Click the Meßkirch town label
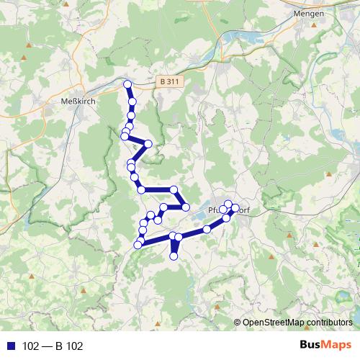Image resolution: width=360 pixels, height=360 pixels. point(76,102)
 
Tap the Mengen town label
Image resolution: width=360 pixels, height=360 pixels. point(310,13)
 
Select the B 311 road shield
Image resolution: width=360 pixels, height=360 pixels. point(169,82)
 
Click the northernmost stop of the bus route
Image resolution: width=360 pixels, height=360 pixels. point(128,84)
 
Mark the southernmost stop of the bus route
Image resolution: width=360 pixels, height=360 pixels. point(174,256)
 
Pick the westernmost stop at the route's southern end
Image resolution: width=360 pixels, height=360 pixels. point(138,245)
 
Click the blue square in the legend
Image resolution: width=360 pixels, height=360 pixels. point(13,346)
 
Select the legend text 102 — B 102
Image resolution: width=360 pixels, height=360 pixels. point(54,346)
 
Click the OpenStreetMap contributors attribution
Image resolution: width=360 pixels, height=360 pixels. point(297,322)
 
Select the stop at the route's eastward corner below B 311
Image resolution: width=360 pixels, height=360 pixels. point(148,143)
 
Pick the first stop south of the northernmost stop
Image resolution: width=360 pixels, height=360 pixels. point(132,101)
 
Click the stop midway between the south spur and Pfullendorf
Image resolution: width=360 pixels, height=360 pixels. point(207,229)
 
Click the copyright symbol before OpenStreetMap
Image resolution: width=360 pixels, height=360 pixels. point(238,322)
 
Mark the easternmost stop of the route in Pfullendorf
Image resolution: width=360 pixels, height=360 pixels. point(235,210)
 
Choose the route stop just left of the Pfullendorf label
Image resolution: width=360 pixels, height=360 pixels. point(185,207)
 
